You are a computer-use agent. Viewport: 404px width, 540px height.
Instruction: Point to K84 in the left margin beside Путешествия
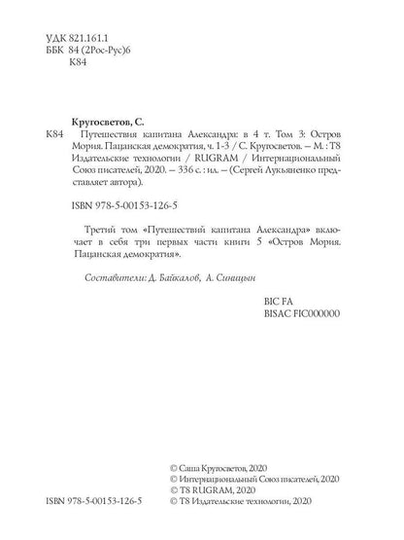57,132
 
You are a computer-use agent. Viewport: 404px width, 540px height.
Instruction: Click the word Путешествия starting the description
118,132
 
